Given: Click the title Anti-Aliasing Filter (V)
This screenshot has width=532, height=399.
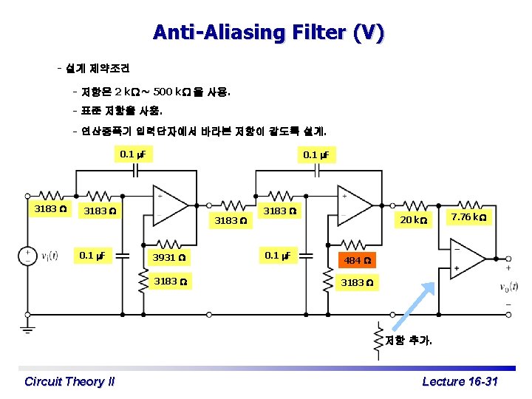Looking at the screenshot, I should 268,33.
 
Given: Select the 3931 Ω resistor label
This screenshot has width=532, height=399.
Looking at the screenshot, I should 168,258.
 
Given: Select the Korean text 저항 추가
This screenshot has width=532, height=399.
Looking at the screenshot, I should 409,341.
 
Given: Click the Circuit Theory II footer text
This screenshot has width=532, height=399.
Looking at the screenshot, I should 69,381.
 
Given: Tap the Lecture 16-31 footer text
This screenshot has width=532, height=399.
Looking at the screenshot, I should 460,381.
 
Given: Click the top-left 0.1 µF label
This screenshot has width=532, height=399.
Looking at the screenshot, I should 132,154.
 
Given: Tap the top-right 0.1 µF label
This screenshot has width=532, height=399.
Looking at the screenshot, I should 318,154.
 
